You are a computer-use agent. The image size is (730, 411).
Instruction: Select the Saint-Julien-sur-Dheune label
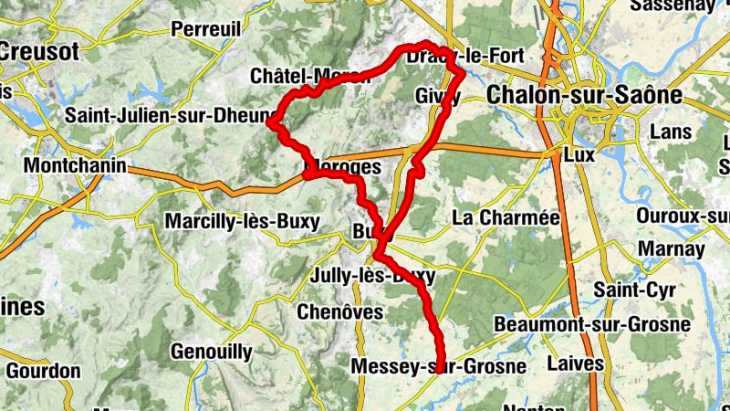(171, 116)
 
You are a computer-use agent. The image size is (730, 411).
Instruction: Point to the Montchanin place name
(78, 166)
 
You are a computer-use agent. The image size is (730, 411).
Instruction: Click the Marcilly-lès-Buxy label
(242, 222)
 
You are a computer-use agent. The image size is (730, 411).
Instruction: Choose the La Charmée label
(505, 217)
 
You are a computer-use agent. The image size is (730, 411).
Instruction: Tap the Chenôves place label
(340, 312)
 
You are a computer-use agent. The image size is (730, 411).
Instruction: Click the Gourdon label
(43, 372)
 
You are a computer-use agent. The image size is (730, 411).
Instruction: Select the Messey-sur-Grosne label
(439, 367)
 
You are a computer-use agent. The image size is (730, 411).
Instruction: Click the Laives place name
(575, 364)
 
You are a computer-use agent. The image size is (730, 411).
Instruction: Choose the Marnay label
(673, 249)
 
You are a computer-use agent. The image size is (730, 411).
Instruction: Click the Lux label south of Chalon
(579, 155)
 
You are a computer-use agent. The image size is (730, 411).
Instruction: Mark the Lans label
(671, 132)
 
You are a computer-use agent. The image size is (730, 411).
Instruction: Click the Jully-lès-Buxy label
(373, 276)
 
